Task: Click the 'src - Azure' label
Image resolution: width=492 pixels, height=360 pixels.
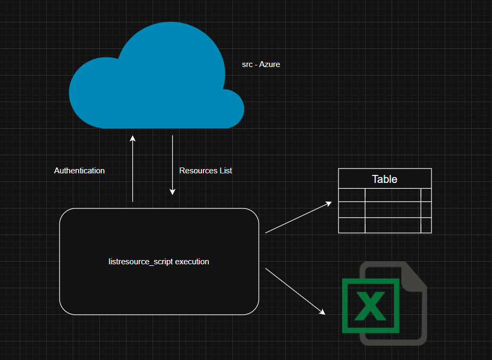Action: pyautogui.click(x=261, y=64)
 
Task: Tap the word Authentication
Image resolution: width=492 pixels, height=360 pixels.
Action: pyautogui.click(x=79, y=171)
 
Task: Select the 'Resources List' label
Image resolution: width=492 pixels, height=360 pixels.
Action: pyautogui.click(x=206, y=171)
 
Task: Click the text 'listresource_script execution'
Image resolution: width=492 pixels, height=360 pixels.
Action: pyautogui.click(x=158, y=262)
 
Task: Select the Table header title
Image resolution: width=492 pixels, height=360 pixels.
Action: pyautogui.click(x=385, y=179)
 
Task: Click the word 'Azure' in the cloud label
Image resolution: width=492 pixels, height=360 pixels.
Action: pyautogui.click(x=269, y=64)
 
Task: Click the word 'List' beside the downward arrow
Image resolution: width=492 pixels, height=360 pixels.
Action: pyautogui.click(x=226, y=171)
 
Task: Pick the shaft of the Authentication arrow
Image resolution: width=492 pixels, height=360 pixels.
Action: pyautogui.click(x=133, y=170)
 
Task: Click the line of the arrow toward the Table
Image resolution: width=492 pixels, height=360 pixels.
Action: pyautogui.click(x=298, y=218)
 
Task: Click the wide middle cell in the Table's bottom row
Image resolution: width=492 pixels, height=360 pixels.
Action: pyautogui.click(x=393, y=225)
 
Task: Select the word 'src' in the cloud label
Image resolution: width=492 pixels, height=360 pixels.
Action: pyautogui.click(x=247, y=64)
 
